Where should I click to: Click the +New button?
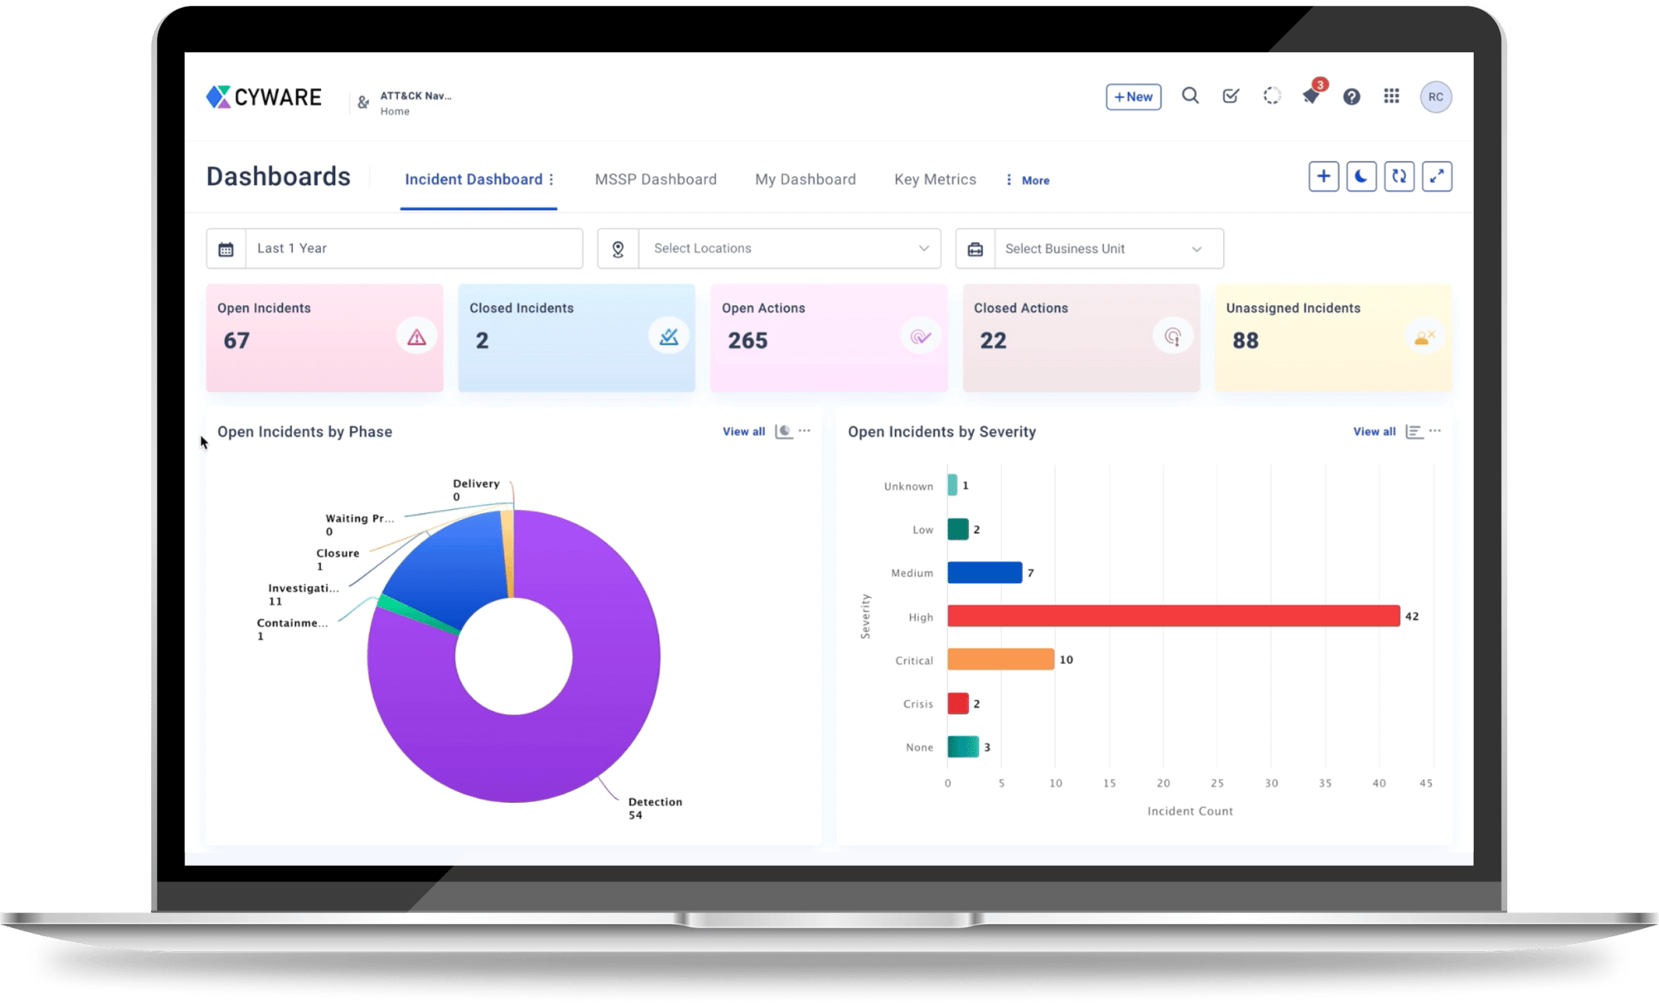(x=1133, y=97)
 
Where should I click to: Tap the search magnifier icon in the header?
(x=1190, y=96)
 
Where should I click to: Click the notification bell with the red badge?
(x=1311, y=96)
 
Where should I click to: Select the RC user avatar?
(x=1436, y=97)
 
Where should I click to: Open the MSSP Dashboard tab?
(x=655, y=179)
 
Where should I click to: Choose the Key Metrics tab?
(x=935, y=179)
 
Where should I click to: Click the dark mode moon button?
(x=1361, y=177)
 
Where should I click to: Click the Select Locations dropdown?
(x=788, y=249)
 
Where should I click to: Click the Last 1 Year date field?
(x=413, y=249)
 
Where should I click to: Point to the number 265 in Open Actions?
(x=747, y=341)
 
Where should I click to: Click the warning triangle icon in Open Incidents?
(x=416, y=337)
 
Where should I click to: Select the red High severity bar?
(x=1173, y=616)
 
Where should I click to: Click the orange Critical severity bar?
(x=1000, y=660)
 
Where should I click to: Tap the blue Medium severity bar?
(x=985, y=573)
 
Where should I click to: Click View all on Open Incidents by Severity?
(x=1374, y=431)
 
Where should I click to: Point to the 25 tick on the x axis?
(x=1217, y=783)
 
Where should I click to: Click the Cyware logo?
(x=264, y=97)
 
